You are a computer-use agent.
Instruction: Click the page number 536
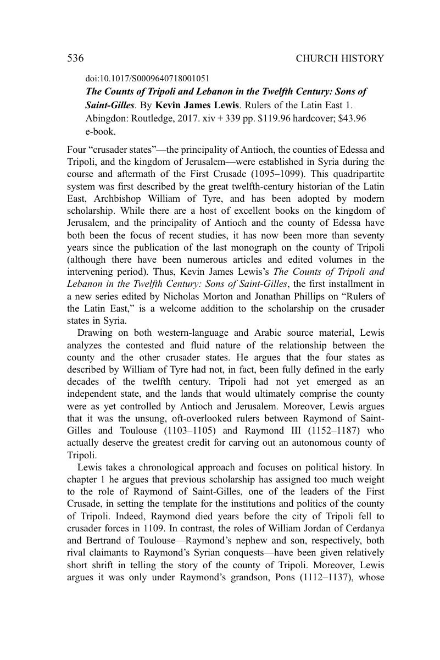coord(75,58)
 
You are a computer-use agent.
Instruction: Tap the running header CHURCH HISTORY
coord(339,58)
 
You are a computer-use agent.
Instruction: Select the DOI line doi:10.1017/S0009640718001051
coord(147,79)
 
